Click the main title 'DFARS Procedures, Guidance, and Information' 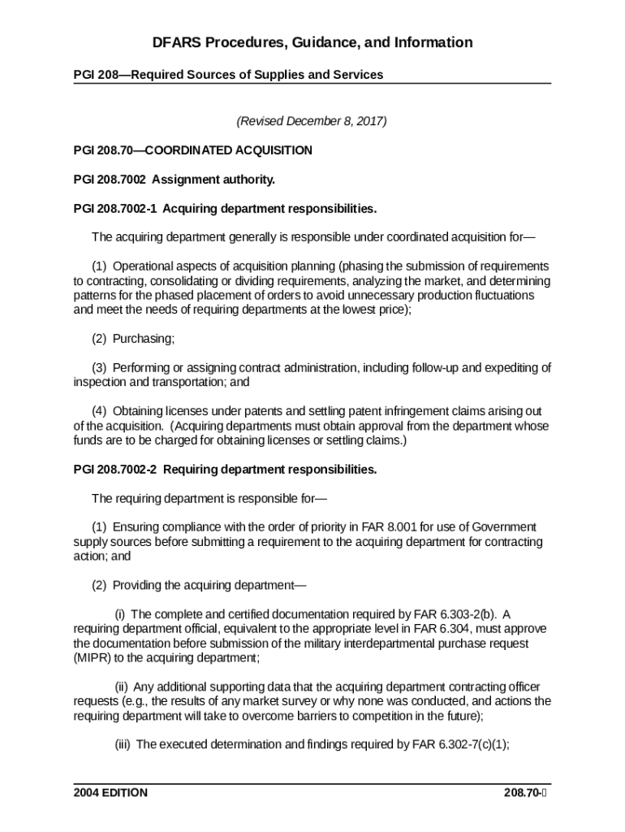point(312,42)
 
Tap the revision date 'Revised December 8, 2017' point(312,122)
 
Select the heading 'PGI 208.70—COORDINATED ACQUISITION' point(192,150)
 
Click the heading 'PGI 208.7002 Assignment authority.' point(174,180)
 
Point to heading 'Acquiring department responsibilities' point(269,209)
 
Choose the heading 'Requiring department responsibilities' point(270,470)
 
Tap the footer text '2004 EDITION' point(110,793)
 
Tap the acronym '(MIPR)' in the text point(93,657)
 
